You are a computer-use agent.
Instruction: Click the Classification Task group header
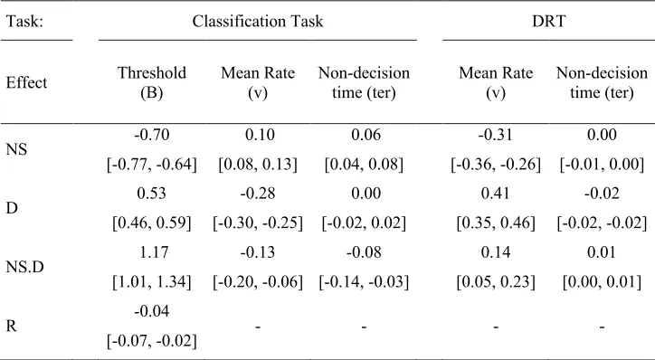click(x=257, y=21)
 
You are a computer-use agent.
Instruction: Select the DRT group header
click(x=548, y=21)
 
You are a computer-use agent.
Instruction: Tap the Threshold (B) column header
click(x=152, y=82)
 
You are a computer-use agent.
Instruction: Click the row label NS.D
click(x=24, y=267)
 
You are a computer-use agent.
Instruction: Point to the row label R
click(x=11, y=326)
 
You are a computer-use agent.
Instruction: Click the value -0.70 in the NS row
click(x=152, y=135)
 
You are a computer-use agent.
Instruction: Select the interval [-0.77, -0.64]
click(x=152, y=164)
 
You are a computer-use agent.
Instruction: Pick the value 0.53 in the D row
click(x=152, y=194)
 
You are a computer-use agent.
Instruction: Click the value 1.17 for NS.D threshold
click(x=152, y=252)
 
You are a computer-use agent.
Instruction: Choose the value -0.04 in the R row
click(x=152, y=311)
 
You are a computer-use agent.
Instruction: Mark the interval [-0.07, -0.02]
click(x=152, y=341)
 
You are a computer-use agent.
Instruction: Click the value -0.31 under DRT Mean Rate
click(x=496, y=135)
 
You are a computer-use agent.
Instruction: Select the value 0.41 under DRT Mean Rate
click(x=496, y=194)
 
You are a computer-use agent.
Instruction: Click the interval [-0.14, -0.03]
click(x=364, y=282)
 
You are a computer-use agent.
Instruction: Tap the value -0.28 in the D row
click(x=258, y=194)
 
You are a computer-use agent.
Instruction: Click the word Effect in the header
click(x=26, y=82)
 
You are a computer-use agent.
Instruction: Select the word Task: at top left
click(x=24, y=21)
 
